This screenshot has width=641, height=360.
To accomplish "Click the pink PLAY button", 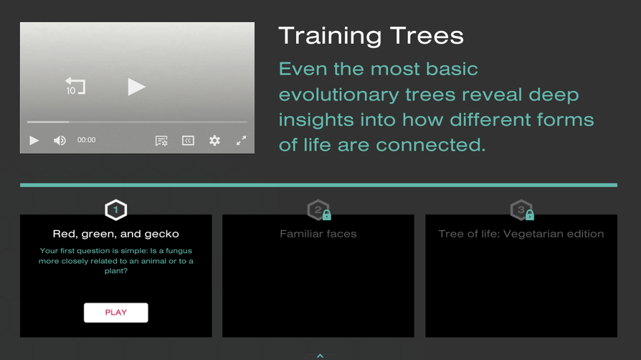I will (115, 313).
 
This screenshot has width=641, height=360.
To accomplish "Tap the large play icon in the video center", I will (136, 87).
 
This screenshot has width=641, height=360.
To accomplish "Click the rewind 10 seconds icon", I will (75, 87).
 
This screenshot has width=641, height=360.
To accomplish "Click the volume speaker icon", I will (60, 141).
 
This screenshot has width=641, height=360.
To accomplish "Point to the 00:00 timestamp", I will (86, 141).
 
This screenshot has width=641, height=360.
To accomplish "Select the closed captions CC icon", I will (188, 141).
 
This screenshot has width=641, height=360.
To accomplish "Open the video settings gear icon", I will (214, 141).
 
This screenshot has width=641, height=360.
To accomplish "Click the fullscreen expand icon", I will (241, 141).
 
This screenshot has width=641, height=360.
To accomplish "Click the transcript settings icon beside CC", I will (161, 141).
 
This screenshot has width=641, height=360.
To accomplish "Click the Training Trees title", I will (371, 36).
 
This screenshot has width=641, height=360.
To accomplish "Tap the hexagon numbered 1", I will (115, 210).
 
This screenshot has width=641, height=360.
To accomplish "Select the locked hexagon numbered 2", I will (318, 210).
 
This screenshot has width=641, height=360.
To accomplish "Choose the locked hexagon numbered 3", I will (521, 210).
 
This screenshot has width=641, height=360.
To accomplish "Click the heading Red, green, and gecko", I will (115, 234).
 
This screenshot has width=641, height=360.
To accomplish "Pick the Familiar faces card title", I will (318, 234).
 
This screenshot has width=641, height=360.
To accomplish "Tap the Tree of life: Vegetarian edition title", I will (521, 234).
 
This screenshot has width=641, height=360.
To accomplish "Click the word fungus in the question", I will (179, 251).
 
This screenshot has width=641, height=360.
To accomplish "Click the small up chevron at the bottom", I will (320, 355).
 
